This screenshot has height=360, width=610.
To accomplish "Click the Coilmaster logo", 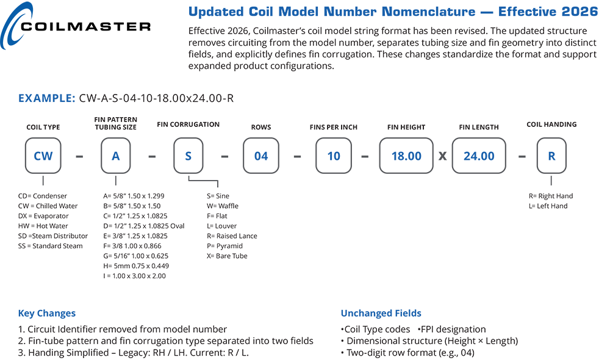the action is [x=76, y=26].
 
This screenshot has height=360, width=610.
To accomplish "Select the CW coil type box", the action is [x=43, y=156].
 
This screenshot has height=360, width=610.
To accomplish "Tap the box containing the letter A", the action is [x=115, y=156].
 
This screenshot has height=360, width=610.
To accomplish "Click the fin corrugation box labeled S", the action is [x=188, y=156].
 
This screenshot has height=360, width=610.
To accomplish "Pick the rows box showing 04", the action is [x=261, y=156].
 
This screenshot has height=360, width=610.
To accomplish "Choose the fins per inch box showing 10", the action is [x=334, y=156].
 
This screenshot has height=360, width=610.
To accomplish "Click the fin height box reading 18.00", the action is [x=406, y=156].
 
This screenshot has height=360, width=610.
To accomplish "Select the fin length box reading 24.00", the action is [x=479, y=156].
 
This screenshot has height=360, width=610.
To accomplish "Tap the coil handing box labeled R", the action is [x=551, y=156].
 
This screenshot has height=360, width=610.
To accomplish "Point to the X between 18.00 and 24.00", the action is [x=443, y=156].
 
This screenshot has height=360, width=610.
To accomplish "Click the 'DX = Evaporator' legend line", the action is [x=43, y=216].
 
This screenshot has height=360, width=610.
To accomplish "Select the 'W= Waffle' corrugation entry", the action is [x=223, y=206].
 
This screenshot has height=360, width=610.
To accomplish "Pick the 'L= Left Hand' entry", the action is [x=548, y=206].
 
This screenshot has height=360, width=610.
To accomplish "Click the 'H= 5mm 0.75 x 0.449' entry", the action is [x=136, y=266].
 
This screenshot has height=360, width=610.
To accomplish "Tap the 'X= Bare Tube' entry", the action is [x=227, y=256].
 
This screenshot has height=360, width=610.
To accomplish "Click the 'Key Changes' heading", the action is [x=47, y=313].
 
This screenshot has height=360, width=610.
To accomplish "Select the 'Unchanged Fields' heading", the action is [x=381, y=313].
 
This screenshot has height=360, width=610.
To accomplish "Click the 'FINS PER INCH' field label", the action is [x=334, y=128].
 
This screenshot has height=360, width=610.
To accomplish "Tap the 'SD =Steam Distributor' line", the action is [x=53, y=236].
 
